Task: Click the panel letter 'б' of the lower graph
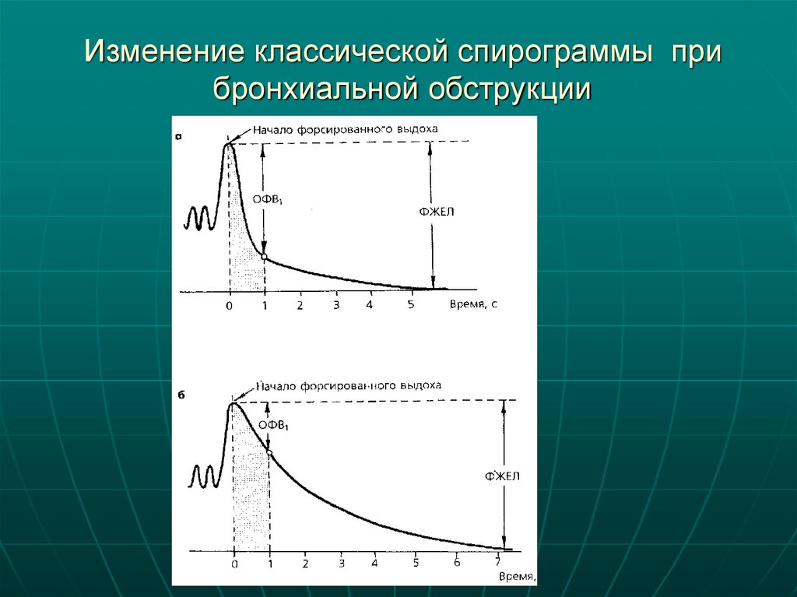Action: pyautogui.click(x=180, y=395)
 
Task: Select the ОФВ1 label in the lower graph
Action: pyautogui.click(x=274, y=426)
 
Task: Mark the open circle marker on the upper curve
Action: pyautogui.click(x=265, y=257)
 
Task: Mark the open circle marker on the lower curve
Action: pyautogui.click(x=269, y=452)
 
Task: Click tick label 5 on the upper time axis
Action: pyautogui.click(x=411, y=304)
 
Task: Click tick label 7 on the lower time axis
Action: pyautogui.click(x=497, y=563)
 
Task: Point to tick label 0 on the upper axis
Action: pyautogui.click(x=229, y=305)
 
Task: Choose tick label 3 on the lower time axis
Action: pyautogui.click(x=341, y=564)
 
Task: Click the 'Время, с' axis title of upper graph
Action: pyautogui.click(x=472, y=304)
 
